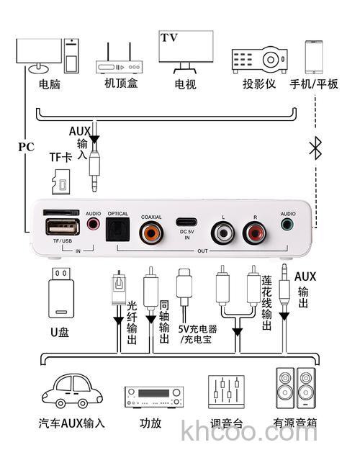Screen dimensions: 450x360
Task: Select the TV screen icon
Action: pos(186,50)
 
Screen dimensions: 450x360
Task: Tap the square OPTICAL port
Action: pos(117,231)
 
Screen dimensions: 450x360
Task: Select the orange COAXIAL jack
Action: pos(151,232)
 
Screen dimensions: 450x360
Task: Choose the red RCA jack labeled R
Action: pos(254,233)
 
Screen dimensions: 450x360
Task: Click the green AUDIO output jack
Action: pos(288,225)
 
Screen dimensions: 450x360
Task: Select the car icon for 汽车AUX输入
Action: pos(71,393)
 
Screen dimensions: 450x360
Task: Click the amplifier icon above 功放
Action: pos(153,395)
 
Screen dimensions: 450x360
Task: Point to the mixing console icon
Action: pos(223,392)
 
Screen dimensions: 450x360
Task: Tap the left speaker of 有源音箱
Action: pos(286,389)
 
